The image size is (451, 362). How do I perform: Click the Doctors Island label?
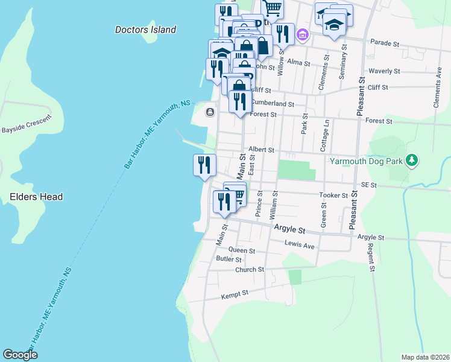click(145, 30)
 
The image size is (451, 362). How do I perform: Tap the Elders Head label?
click(36, 197)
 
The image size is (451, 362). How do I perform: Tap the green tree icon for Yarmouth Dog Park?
click(412, 160)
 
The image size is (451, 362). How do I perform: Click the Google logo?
click(20, 355)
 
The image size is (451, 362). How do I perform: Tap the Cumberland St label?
click(272, 104)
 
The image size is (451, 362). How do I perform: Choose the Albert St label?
click(261, 150)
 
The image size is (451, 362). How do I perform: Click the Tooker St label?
click(337, 195)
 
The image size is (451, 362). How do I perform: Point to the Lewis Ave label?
click(300, 246)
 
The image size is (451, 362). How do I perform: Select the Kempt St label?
click(235, 294)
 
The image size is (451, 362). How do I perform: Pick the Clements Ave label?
click(437, 91)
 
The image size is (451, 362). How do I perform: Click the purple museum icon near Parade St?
click(303, 34)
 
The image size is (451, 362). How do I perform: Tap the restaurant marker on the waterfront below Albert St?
click(204, 165)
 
